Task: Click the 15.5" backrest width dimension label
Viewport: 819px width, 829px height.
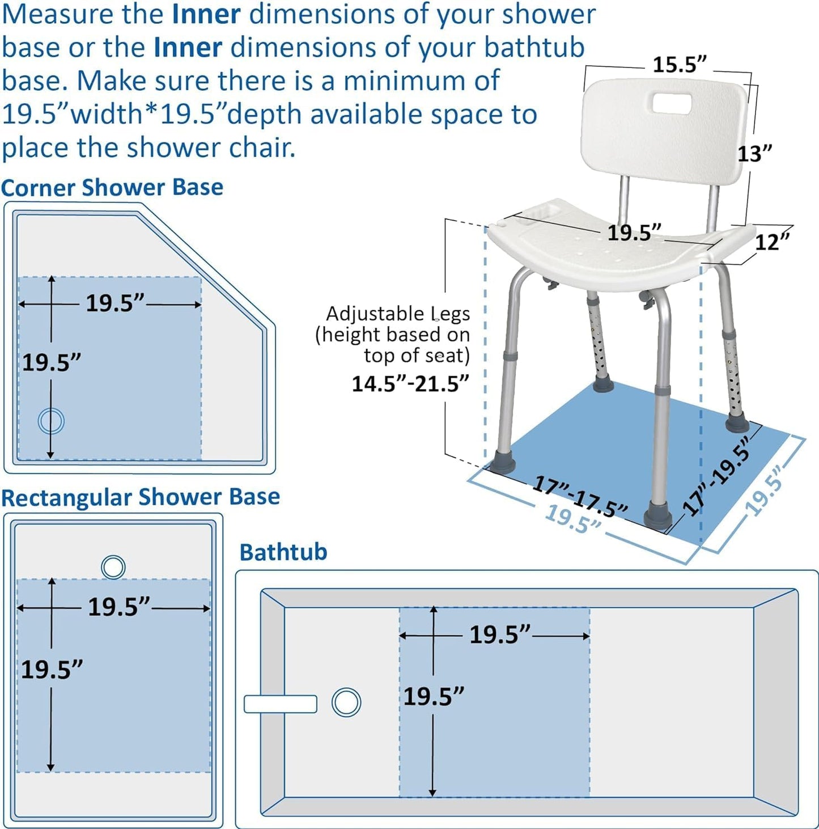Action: pos(679,65)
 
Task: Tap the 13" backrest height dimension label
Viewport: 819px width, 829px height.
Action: pos(754,153)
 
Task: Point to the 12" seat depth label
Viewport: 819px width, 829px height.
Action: pos(772,242)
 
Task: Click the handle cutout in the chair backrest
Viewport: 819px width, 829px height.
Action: pos(672,104)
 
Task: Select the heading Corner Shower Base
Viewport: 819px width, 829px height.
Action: pos(112,188)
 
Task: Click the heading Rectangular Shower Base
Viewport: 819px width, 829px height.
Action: pos(141,497)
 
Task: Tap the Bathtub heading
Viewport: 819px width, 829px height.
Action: pos(283,552)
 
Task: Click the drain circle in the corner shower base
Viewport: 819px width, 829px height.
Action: pos(51,421)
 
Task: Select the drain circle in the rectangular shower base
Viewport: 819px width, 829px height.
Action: pos(113,566)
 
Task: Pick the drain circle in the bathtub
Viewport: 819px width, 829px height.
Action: pos(346,702)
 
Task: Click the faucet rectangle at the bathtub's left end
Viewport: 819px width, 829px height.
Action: pos(280,704)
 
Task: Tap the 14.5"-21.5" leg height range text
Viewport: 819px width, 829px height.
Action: pos(410,384)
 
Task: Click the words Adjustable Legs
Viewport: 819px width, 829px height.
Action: pos(398,314)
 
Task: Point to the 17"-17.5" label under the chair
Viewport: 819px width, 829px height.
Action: pos(580,497)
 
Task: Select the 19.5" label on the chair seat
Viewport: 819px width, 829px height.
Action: pos(634,232)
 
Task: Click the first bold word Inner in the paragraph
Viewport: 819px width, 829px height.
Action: pos(206,14)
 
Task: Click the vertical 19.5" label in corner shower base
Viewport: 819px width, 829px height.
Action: pos(51,362)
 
